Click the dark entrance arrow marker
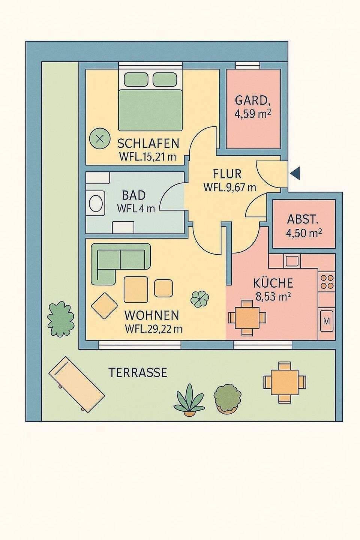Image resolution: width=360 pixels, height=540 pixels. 296,173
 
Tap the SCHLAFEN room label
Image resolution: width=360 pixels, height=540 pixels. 148,144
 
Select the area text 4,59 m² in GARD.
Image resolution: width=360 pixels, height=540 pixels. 253,114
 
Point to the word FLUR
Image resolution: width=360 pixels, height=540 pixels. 227,174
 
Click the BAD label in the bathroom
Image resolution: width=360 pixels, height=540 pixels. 134,195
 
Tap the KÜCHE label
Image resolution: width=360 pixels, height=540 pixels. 273,283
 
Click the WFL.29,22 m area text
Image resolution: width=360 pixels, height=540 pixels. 153,329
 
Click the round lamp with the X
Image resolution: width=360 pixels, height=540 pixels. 100,139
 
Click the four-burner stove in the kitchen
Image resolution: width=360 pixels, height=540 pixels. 327,282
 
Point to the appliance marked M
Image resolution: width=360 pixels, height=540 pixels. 327,321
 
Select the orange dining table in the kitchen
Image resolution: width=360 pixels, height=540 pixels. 247,318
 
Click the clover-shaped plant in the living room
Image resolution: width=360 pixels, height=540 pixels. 199,299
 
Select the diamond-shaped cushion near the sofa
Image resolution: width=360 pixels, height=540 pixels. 104,306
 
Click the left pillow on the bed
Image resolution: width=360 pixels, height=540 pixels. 136,79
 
